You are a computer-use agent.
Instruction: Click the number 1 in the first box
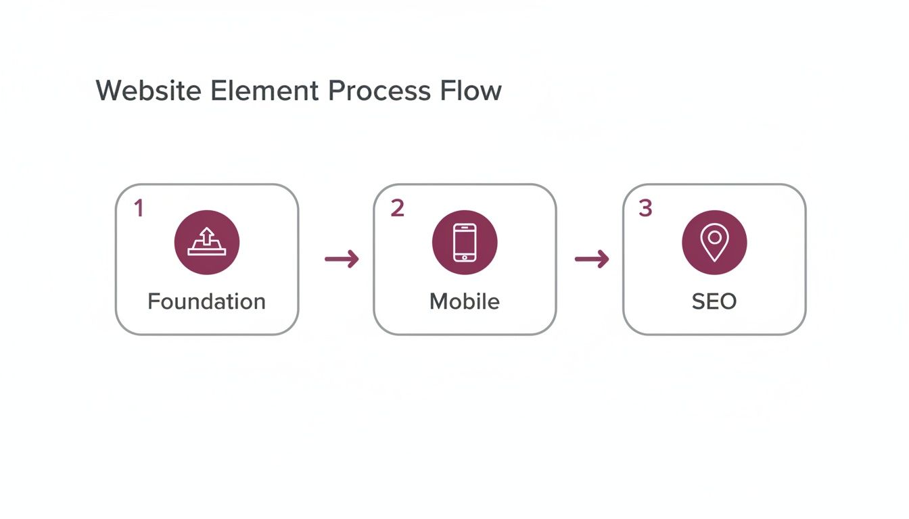point(139,209)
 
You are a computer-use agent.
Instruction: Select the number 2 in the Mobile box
point(397,209)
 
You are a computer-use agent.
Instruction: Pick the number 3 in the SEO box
point(645,209)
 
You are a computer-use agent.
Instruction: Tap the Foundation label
point(206,301)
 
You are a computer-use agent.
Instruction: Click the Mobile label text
point(465,301)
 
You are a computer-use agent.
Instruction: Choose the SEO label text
point(714,301)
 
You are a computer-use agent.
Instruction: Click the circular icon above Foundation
point(206,242)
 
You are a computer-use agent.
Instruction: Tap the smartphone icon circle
point(465,242)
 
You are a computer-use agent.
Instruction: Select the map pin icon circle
point(714,242)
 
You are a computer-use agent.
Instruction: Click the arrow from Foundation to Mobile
point(342,259)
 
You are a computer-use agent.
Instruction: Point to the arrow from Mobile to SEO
point(591,259)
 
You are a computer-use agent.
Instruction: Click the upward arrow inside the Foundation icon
point(206,235)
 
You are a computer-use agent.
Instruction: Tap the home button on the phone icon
point(465,257)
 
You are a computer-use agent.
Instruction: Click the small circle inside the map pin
point(714,238)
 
